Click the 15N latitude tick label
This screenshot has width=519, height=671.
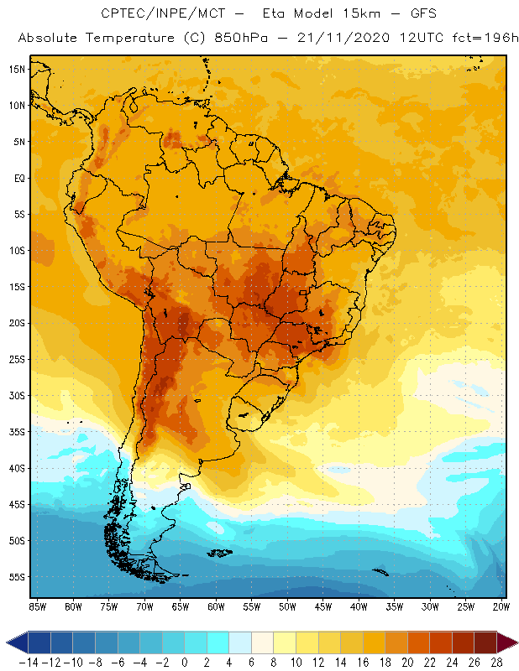point(16,69)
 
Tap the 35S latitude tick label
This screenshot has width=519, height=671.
point(16,432)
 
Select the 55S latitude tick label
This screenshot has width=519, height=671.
point(16,577)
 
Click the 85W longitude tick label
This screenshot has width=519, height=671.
point(37,606)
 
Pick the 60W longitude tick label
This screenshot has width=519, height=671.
point(216,606)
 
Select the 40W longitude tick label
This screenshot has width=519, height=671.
point(359,606)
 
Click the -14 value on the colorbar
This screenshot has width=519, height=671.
point(29,661)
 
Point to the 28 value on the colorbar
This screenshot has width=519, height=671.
point(496,661)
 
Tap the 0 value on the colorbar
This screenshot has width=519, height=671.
point(185,661)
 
